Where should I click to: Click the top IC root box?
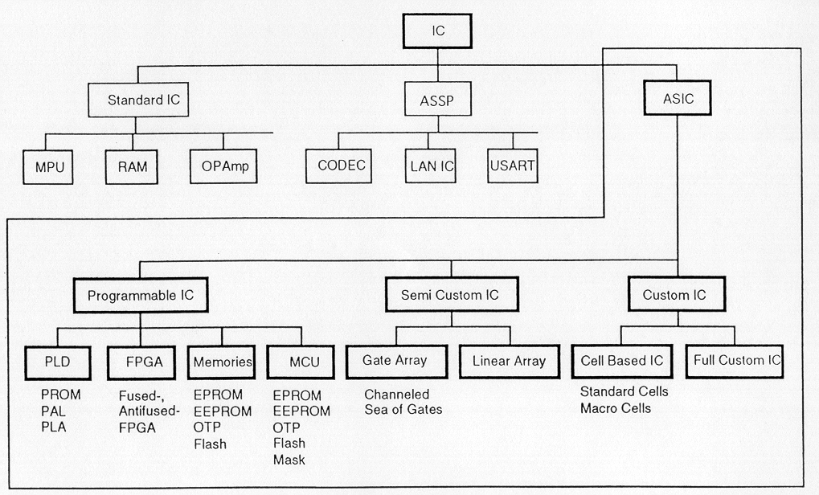pos(437,32)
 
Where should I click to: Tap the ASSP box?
pos(437,101)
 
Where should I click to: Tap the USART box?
pos(511,167)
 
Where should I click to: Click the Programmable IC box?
pos(141,295)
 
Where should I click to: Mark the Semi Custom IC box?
pos(449,295)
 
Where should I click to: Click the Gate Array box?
pos(395,361)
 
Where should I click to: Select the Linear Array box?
pos(508,361)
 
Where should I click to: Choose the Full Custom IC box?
pos(737,360)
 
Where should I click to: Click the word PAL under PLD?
pos(54,411)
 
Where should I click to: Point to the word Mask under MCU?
pos(289,460)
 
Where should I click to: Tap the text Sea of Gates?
pos(403,410)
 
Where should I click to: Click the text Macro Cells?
pos(616,408)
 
